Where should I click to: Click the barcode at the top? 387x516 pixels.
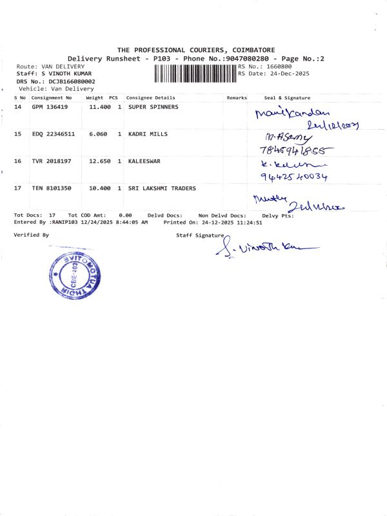tap(195, 74)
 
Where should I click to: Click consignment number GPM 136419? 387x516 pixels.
tap(50, 107)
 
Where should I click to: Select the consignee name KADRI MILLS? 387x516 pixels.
tap(148, 134)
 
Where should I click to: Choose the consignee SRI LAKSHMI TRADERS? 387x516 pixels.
tap(162, 188)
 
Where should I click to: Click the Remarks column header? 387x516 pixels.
tap(237, 97)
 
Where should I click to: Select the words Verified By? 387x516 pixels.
tap(31, 235)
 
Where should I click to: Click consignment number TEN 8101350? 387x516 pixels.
tap(50, 188)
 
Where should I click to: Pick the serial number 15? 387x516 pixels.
tap(17, 134)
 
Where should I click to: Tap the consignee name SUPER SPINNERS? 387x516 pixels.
tap(153, 107)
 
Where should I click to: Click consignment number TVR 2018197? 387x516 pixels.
tap(50, 161)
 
